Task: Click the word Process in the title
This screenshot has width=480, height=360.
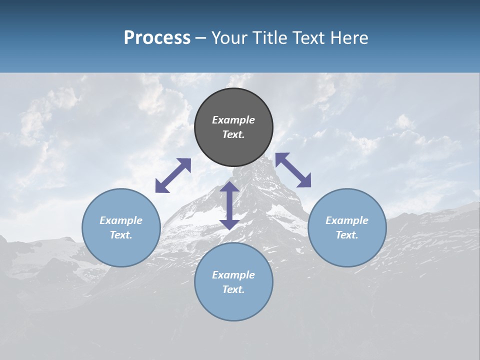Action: [x=157, y=38]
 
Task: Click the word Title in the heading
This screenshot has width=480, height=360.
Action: [x=269, y=38]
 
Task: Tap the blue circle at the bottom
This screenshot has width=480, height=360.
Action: [x=233, y=300]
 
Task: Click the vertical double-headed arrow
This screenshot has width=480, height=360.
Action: [x=229, y=205]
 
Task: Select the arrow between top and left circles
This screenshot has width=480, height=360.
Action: [x=173, y=175]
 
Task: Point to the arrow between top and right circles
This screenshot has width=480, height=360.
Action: [x=293, y=170]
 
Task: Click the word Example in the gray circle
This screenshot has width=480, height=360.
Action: [x=233, y=120]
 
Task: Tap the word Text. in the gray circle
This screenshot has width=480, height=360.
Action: [x=233, y=134]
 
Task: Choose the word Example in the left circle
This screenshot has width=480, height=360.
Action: [x=121, y=220]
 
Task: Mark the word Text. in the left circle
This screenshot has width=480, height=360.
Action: [x=121, y=235]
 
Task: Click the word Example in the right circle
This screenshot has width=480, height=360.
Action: [x=347, y=220]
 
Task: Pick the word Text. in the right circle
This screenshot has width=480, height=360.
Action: [x=347, y=235]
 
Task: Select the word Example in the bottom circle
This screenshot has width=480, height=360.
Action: [x=233, y=275]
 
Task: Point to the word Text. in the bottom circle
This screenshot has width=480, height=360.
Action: [x=233, y=289]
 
